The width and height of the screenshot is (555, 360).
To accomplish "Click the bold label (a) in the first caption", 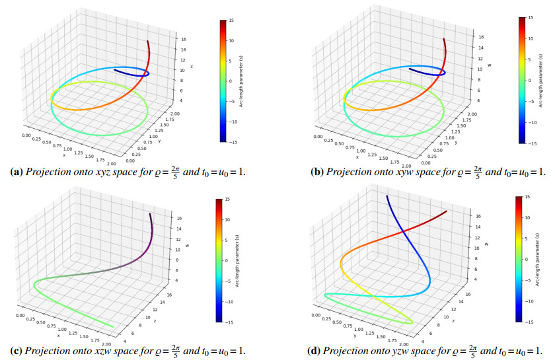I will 18,172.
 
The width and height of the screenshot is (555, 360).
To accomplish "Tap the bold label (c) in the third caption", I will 18,349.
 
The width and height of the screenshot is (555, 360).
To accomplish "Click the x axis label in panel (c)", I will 57,336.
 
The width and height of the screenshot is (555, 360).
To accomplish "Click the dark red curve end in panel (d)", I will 446,211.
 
